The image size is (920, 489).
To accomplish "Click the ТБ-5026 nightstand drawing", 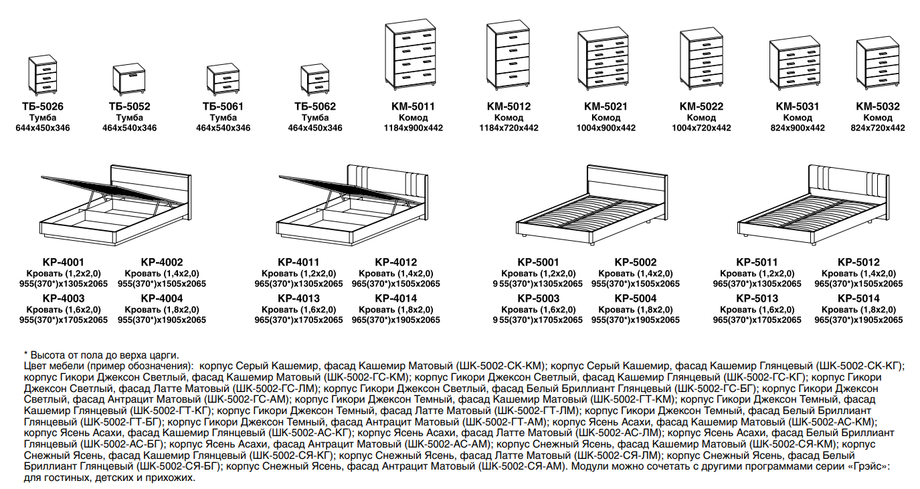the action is pos(43,75).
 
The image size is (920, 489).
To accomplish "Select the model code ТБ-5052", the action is pos(129,107).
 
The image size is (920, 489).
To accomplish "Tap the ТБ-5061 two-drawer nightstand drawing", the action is pos(223,79).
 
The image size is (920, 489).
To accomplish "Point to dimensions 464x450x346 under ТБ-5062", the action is pos(315,128).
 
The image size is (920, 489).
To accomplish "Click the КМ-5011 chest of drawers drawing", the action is pos(410,54).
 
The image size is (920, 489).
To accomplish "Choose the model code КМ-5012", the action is pos(509,107).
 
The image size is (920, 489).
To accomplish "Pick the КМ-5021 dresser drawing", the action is pos(604,59).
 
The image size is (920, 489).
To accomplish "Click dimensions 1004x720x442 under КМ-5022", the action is pos(701,128).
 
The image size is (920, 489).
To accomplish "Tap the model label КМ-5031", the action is pos(797,107).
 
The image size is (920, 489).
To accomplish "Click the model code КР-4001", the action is pos(64,262).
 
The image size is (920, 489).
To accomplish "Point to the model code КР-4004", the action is pos(162,298).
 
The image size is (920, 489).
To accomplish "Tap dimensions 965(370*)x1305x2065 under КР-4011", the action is pos(298,284).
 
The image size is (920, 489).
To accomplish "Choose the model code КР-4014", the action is pos(396,298).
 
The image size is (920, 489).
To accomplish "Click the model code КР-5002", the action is pos(636,262).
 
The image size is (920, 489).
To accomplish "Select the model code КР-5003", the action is pos(539,298).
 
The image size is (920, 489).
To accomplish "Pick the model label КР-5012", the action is pos(859,262).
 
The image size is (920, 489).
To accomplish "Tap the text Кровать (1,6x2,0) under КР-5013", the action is pos(757,310).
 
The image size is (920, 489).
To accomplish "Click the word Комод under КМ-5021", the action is pos(606,118).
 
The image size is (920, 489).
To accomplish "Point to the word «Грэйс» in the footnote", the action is pos(869,467).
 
